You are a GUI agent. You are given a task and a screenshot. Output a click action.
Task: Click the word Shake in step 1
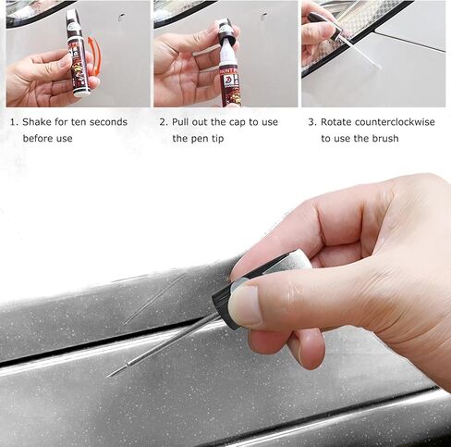(37, 122)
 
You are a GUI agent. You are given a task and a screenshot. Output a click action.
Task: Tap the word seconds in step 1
(108, 122)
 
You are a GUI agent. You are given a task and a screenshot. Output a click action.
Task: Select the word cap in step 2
(238, 123)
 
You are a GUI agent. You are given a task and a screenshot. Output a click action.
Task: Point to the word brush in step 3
(385, 139)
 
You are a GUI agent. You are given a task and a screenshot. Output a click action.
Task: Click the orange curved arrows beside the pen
(95, 56)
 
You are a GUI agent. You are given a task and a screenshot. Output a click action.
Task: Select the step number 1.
(13, 122)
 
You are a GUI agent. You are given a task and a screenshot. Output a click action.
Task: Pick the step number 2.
(164, 122)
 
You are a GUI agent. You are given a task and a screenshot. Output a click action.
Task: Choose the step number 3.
(312, 122)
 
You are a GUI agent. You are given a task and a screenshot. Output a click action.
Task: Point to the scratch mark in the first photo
(122, 18)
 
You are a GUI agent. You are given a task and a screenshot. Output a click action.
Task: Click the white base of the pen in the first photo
(81, 92)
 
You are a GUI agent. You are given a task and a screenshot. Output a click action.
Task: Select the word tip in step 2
(217, 139)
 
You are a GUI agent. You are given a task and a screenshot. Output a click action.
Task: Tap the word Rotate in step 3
(336, 122)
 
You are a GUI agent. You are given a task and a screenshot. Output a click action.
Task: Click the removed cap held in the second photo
(225, 31)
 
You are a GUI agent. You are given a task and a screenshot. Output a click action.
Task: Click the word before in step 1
(38, 139)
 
